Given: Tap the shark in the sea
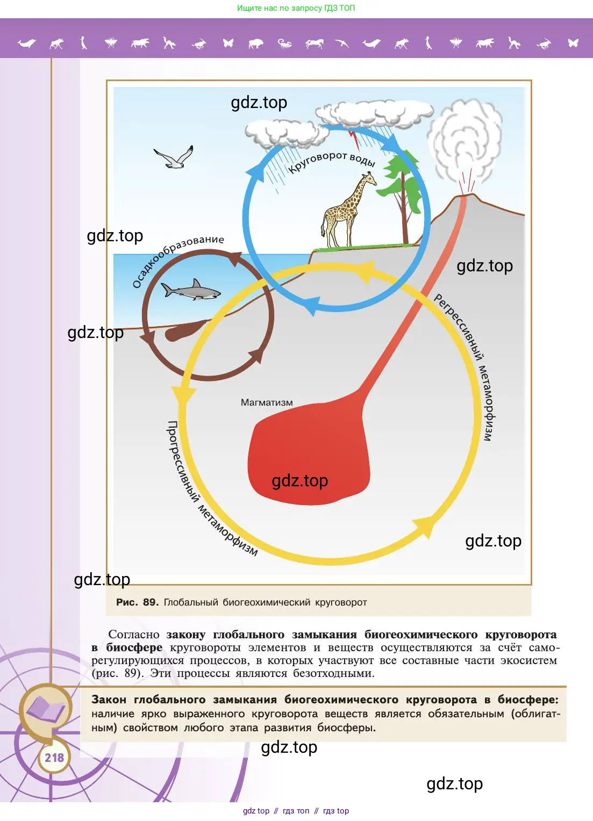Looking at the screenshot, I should click(191, 291).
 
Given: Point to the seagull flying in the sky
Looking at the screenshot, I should click(174, 158).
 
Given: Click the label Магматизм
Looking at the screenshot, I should click(267, 402).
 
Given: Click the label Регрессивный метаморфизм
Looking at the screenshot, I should click(466, 365).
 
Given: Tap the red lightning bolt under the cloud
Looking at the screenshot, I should click(354, 138).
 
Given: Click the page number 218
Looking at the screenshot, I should click(54, 758).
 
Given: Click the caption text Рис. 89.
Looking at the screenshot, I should click(137, 602).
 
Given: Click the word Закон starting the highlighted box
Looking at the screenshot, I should click(109, 700).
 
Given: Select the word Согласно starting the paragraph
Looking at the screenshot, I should click(134, 635).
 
